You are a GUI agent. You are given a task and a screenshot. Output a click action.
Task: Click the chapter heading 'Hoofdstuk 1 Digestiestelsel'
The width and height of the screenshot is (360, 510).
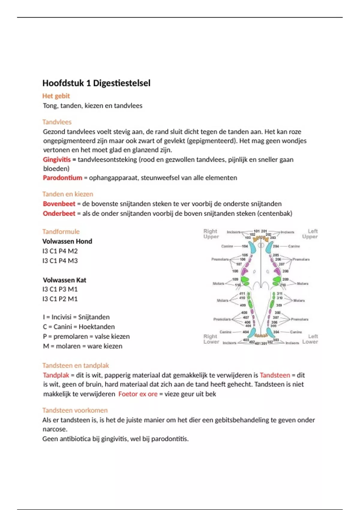[x=96, y=83]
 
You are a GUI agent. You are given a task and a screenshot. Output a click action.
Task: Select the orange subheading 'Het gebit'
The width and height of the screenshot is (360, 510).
[x=56, y=96]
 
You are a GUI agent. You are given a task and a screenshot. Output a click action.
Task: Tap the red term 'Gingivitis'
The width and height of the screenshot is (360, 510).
[x=57, y=160]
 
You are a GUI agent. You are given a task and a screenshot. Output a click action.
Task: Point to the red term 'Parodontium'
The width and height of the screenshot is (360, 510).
[x=62, y=178]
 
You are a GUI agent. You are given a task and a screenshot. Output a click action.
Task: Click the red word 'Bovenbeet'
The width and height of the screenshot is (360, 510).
[x=59, y=204]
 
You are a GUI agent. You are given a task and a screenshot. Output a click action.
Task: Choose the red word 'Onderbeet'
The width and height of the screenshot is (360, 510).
[x=59, y=214]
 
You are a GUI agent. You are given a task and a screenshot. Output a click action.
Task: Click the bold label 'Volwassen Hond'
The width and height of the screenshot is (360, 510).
[x=67, y=241]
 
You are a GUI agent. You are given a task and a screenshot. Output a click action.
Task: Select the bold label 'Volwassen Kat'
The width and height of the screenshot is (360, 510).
[x=64, y=280]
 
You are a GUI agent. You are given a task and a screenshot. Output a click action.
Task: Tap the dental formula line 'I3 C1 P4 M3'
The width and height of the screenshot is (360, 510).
[x=60, y=261]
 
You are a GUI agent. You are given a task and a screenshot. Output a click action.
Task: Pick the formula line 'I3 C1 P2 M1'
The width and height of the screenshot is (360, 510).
[x=60, y=299]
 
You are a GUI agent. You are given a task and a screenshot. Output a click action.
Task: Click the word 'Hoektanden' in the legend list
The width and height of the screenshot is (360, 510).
[x=97, y=327]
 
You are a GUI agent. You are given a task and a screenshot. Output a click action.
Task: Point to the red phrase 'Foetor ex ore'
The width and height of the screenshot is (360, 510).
[x=138, y=394]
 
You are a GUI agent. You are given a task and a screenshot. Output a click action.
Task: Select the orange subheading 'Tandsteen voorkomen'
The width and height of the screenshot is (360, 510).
[x=75, y=410]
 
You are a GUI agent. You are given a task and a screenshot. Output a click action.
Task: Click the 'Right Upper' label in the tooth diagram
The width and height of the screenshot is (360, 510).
[x=211, y=234]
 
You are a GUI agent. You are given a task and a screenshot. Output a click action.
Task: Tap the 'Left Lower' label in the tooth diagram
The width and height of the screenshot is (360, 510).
[x=310, y=339]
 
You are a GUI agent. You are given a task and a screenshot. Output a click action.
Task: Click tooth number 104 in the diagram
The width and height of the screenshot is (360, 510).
[x=245, y=246]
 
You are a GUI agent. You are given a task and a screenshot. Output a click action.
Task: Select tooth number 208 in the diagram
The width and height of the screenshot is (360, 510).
[x=285, y=271]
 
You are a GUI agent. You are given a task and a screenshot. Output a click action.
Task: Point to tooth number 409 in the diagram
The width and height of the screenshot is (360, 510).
[x=242, y=305]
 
